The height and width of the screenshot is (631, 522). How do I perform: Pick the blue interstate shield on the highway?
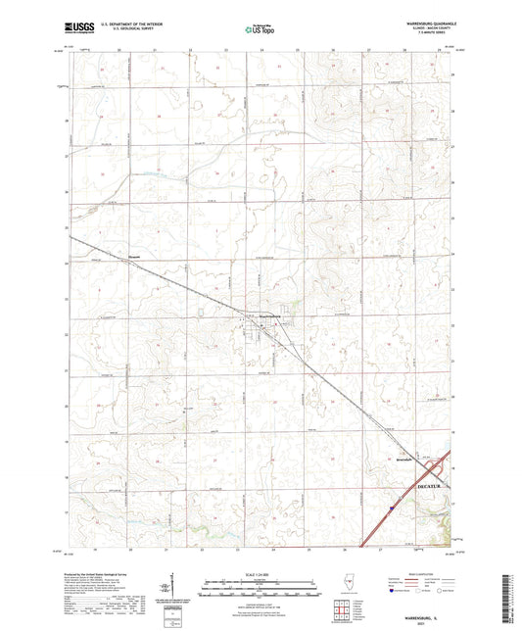[x=391, y=508]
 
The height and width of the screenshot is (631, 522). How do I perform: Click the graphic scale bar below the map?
[x=261, y=588]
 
